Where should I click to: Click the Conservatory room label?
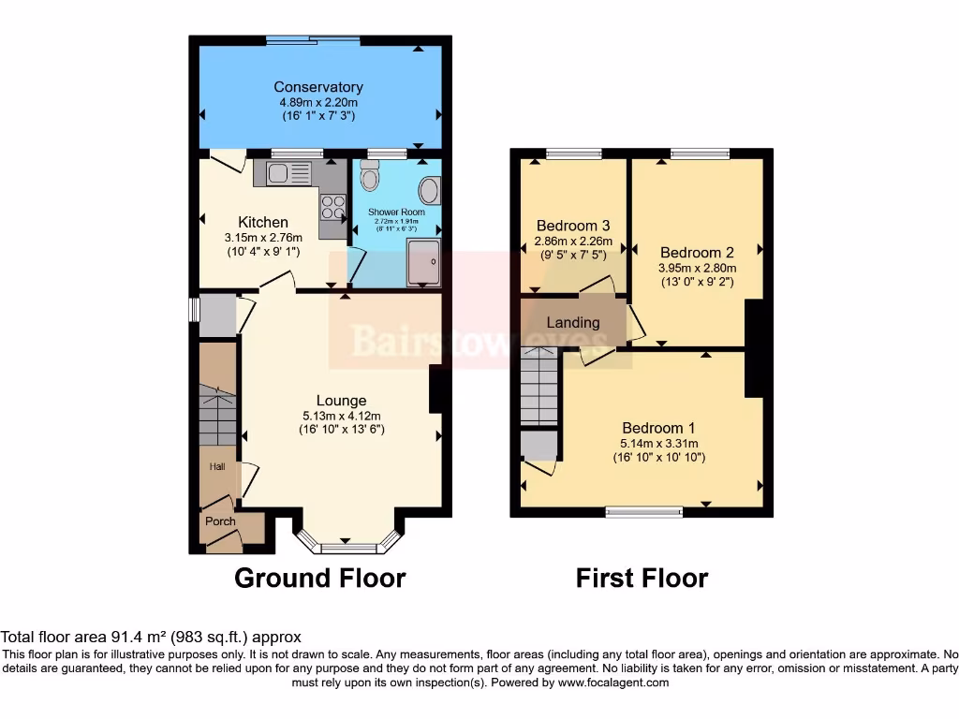(x=318, y=87)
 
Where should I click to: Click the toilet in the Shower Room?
(x=369, y=174)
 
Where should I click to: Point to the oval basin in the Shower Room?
(x=429, y=191)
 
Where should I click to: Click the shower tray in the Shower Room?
(x=423, y=258)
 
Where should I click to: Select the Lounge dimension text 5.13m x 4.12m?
(x=341, y=416)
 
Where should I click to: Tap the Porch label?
(x=220, y=521)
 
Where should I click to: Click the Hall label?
(x=216, y=466)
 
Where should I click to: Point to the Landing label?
(x=572, y=323)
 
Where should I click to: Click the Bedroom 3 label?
(x=573, y=226)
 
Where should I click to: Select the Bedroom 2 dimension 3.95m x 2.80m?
(x=696, y=267)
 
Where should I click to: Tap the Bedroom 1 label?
(x=659, y=429)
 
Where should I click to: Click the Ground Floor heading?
(x=319, y=578)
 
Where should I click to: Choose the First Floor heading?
(x=642, y=578)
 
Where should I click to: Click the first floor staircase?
(x=539, y=384)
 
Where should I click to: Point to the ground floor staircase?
(x=217, y=412)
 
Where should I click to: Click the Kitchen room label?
(x=262, y=222)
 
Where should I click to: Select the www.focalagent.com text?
(x=612, y=682)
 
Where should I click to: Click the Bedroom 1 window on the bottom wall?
(x=642, y=511)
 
